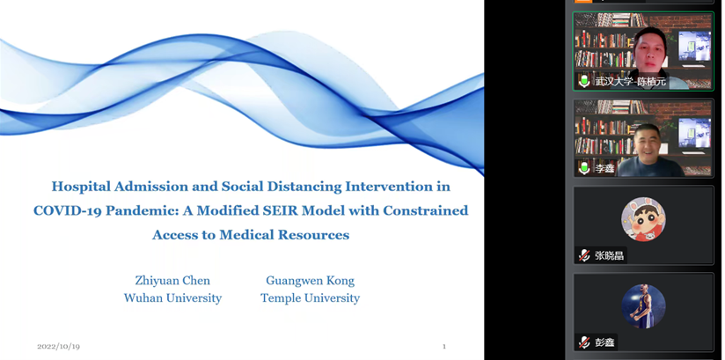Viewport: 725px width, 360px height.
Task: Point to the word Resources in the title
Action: click(313, 235)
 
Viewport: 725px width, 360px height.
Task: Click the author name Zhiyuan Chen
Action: click(172, 281)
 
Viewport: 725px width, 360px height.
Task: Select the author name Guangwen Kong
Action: click(311, 281)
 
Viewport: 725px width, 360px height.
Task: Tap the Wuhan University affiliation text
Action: click(172, 298)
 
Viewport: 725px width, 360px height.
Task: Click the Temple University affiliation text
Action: click(311, 298)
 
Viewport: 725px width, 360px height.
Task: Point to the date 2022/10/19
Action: click(58, 347)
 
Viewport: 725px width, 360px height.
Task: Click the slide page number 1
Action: click(444, 346)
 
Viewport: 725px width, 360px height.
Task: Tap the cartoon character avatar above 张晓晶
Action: click(643, 219)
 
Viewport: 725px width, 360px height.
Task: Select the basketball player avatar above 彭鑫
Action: click(643, 306)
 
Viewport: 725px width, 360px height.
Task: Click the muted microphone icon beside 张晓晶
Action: click(584, 255)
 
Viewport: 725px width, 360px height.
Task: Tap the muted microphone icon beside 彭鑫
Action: click(584, 342)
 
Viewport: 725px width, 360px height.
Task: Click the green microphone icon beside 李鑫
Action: click(584, 168)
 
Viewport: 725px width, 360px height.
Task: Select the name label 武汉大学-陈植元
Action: click(630, 82)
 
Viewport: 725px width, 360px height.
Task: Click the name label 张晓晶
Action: click(610, 255)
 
